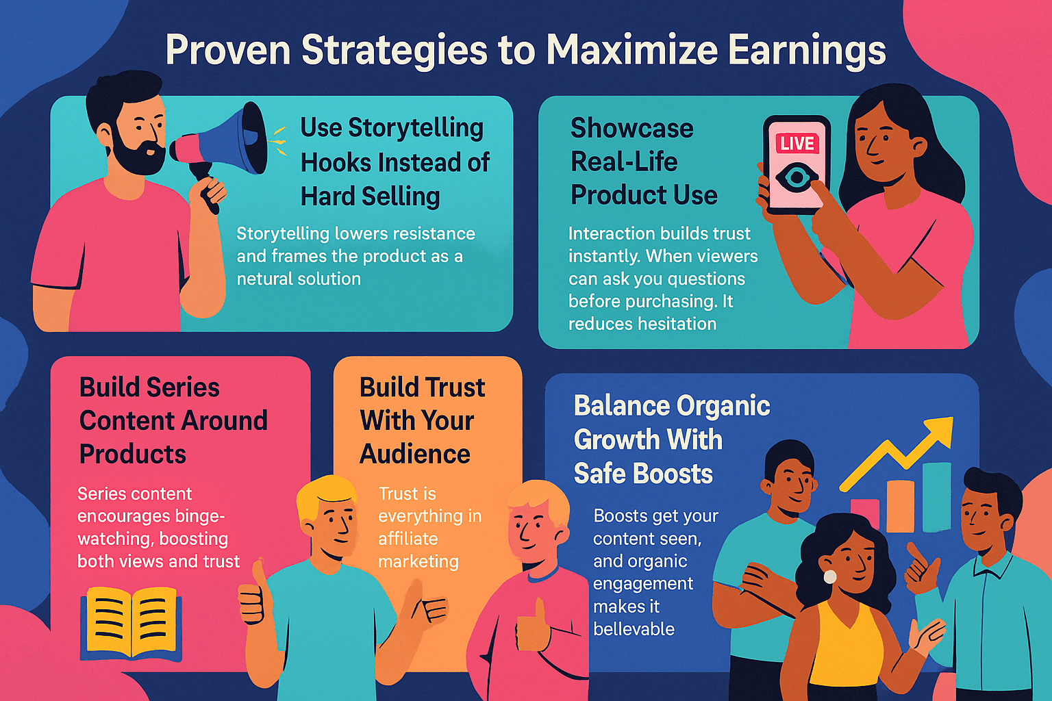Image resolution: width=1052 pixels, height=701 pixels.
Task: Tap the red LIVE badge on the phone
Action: click(797, 144)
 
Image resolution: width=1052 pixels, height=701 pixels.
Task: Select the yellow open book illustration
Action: click(131, 623)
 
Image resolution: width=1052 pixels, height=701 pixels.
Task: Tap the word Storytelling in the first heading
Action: click(416, 128)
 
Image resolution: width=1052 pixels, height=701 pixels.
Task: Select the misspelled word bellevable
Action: click(634, 628)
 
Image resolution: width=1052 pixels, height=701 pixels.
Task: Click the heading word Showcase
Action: click(631, 128)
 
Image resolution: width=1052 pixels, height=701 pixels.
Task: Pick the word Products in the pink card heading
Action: click(133, 454)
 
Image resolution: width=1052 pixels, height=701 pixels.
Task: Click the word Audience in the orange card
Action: click(415, 454)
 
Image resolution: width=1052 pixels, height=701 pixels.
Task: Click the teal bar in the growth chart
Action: click(936, 496)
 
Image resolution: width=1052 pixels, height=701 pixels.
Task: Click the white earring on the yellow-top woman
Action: click(829, 576)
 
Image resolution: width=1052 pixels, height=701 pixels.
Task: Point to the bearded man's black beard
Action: click(137, 155)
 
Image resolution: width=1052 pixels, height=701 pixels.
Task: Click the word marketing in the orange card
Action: click(418, 561)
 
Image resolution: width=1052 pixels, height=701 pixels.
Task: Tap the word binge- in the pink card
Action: click(190, 516)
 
